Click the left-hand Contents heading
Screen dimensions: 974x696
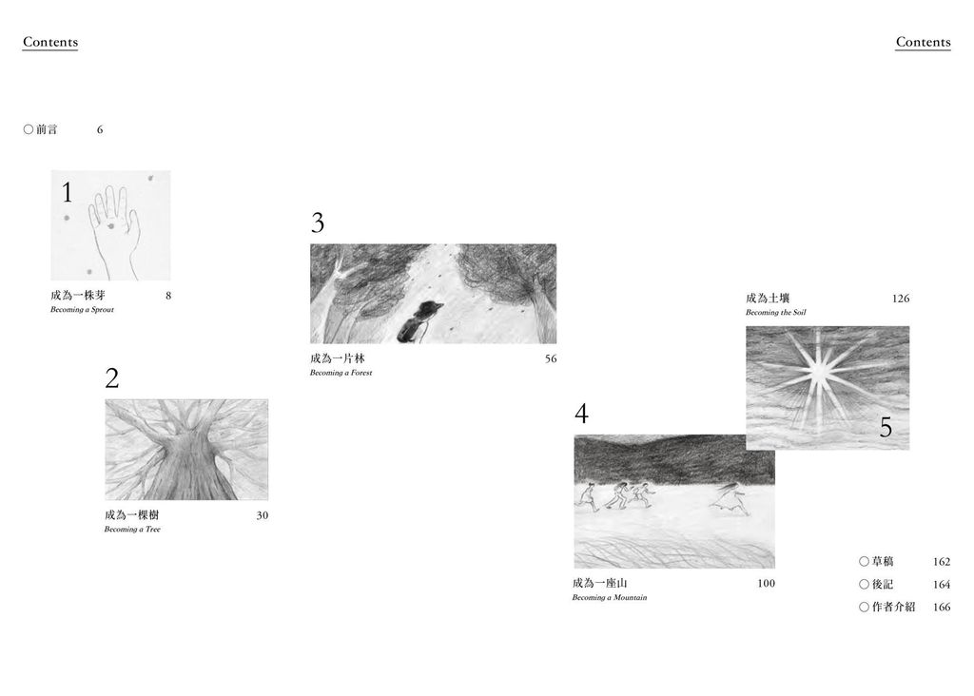point(50,42)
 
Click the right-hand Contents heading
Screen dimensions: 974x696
point(923,42)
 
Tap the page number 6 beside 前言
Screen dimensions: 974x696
point(99,129)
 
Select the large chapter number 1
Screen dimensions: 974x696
point(68,192)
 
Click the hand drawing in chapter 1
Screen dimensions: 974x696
point(114,231)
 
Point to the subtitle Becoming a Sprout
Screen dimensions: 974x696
point(82,309)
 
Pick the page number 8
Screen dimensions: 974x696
point(167,296)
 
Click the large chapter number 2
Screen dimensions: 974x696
point(112,378)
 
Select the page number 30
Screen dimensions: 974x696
point(263,515)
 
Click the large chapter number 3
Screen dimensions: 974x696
point(318,222)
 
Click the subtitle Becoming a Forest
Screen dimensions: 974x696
point(341,373)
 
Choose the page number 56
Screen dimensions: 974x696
point(551,358)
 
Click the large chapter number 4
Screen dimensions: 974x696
point(581,414)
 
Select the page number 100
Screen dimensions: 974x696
point(766,583)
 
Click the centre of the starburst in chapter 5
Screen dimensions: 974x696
point(819,372)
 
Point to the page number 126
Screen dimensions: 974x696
point(901,299)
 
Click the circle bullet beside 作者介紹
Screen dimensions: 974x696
point(864,607)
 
